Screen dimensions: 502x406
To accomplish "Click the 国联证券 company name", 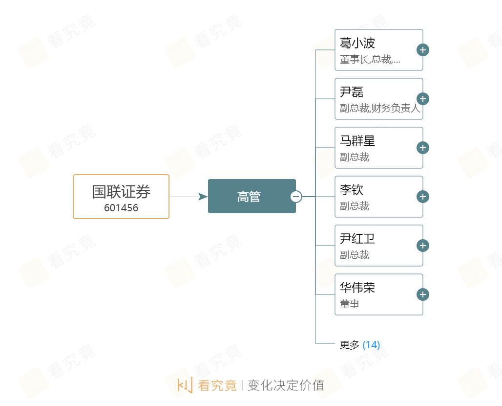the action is [x=121, y=192].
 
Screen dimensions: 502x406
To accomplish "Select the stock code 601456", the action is [x=121, y=208].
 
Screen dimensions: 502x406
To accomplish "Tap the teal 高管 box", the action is [x=251, y=196].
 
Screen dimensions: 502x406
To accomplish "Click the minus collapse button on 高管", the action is [x=296, y=197].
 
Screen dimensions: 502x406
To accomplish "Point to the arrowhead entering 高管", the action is [x=203, y=197].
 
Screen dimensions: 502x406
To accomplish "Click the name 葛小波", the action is [x=357, y=43].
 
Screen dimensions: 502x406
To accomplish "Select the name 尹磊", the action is [x=352, y=92].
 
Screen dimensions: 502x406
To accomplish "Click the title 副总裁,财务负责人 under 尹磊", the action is [x=380, y=109].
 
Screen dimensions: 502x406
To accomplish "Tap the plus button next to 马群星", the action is [x=423, y=148].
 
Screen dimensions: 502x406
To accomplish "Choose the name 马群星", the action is [x=357, y=141].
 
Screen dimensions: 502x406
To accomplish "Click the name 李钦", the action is [x=352, y=190].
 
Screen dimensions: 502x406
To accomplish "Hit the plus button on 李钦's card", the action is [x=423, y=197].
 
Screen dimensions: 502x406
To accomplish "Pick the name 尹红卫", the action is [x=357, y=239].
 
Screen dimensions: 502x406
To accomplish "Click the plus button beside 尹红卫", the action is [x=423, y=246].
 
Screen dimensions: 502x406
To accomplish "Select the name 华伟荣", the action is [x=357, y=288].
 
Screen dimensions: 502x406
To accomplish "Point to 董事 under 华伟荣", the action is [x=350, y=304].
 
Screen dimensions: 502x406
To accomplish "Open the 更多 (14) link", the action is [x=360, y=345].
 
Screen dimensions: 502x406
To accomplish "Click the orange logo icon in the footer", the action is [x=185, y=385].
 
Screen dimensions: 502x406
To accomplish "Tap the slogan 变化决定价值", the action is [x=286, y=385].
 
